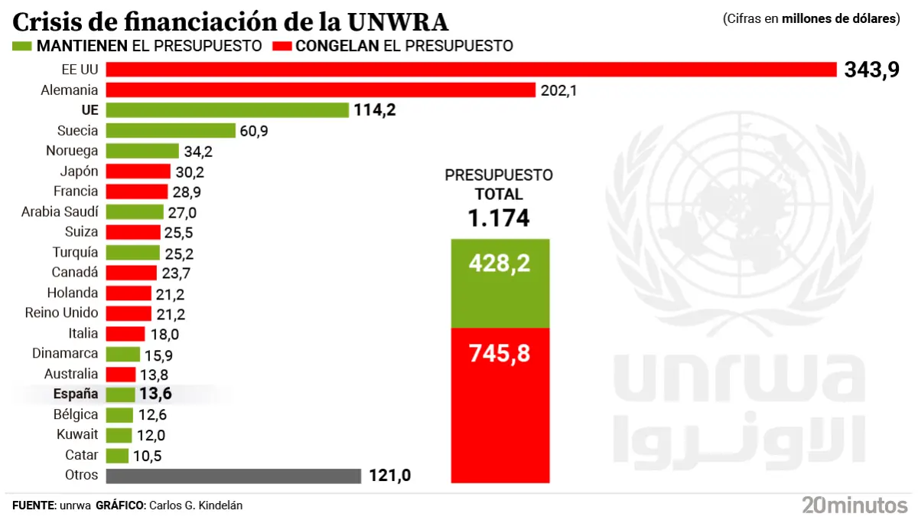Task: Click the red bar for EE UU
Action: click(x=470, y=70)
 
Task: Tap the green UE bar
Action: click(x=227, y=110)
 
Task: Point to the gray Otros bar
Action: click(x=233, y=476)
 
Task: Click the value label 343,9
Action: click(x=871, y=70)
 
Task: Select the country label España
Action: click(x=76, y=394)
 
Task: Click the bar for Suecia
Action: click(x=170, y=131)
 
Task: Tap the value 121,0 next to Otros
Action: click(x=390, y=476)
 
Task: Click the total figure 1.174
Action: click(x=499, y=218)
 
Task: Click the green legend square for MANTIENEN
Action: click(x=22, y=46)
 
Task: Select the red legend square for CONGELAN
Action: click(x=282, y=46)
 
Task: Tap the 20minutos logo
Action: click(x=854, y=504)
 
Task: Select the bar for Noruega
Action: click(x=142, y=151)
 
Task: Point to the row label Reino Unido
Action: click(x=61, y=313)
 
